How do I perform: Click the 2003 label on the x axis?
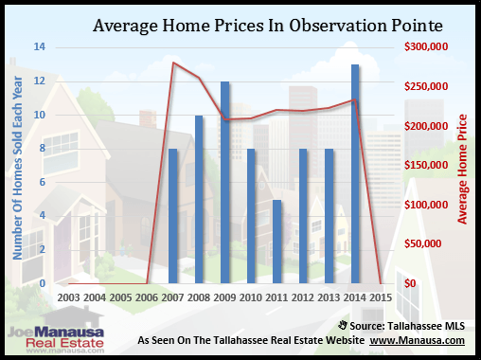tap(69, 297)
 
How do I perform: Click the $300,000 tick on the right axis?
tap(425, 47)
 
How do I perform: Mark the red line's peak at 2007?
tap(173, 63)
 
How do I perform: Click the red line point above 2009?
tap(225, 119)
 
